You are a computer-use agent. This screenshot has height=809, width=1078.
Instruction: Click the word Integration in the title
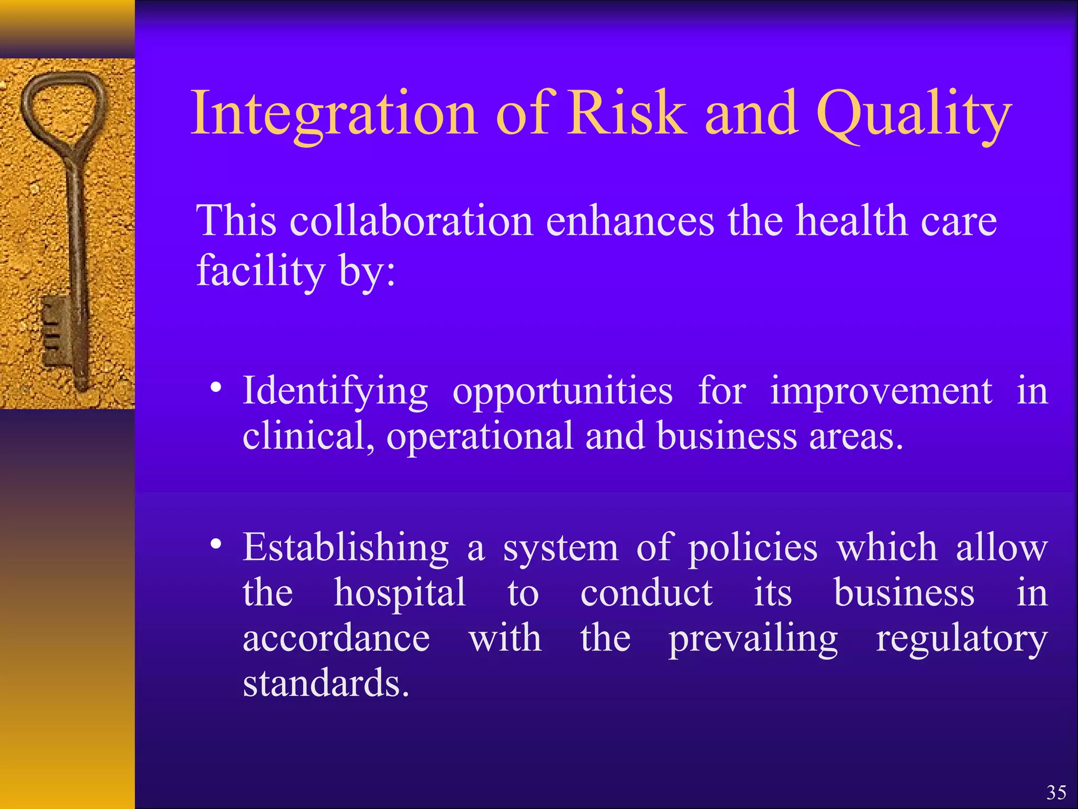pyautogui.click(x=334, y=113)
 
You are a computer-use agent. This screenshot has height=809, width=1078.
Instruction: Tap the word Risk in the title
pyautogui.click(x=627, y=113)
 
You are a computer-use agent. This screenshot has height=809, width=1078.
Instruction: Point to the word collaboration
pyautogui.click(x=411, y=221)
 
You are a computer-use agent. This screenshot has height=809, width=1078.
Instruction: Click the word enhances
pyautogui.click(x=630, y=221)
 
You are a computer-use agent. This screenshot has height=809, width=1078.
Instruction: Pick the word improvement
pyautogui.click(x=881, y=391)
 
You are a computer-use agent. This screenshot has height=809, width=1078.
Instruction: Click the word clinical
pyautogui.click(x=308, y=437)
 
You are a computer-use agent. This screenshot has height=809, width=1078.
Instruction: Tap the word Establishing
pyautogui.click(x=345, y=548)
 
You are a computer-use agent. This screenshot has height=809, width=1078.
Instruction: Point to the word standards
pyautogui.click(x=325, y=684)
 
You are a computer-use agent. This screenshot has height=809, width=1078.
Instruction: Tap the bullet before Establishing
pyautogui.click(x=215, y=545)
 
